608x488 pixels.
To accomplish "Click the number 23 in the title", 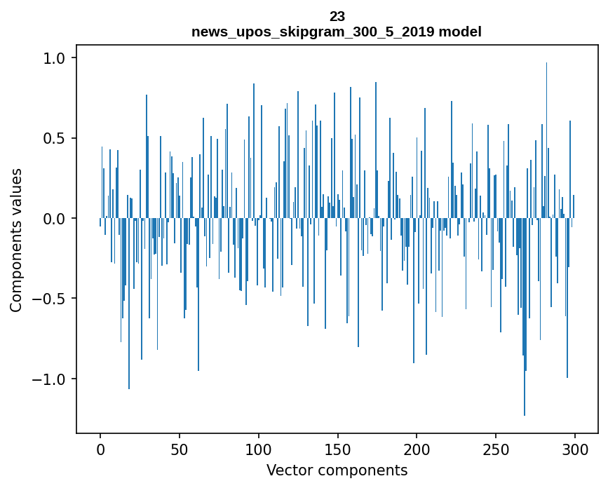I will pos(337,17).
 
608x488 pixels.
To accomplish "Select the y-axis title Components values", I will pos(16,240).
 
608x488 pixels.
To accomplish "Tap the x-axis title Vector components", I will pos(337,470).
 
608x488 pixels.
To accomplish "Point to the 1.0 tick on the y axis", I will pos(54,58).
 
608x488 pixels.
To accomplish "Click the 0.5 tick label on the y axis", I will pos(54,138).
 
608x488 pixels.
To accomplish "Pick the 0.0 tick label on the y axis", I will pos(54,219).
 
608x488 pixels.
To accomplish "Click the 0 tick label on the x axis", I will pos(100,449).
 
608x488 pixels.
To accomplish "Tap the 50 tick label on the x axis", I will pos(180,449).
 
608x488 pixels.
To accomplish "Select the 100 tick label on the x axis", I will pos(259,449).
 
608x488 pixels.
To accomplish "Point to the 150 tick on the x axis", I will pos(337,449).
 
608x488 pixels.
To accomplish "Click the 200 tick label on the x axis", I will pos(417,449).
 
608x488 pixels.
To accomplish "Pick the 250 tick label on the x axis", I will pos(496,449).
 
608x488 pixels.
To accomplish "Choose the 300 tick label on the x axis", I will pos(575,449).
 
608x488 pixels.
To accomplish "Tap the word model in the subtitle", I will pos(460,32).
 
